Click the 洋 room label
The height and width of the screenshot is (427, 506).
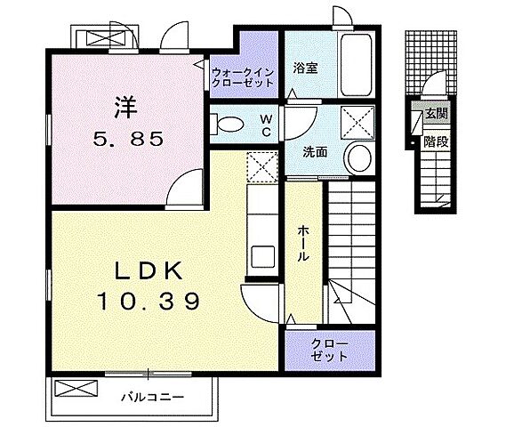pyautogui.click(x=123, y=106)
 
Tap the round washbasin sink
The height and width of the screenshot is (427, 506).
pyautogui.click(x=359, y=157)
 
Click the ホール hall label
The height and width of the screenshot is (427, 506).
pyautogui.click(x=303, y=241)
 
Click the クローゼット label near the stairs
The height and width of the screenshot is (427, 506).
pyautogui.click(x=329, y=350)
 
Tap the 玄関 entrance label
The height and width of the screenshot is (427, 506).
pyautogui.click(x=435, y=113)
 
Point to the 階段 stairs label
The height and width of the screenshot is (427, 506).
pyautogui.click(x=435, y=140)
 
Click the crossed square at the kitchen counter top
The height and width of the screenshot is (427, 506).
pyautogui.click(x=263, y=165)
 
